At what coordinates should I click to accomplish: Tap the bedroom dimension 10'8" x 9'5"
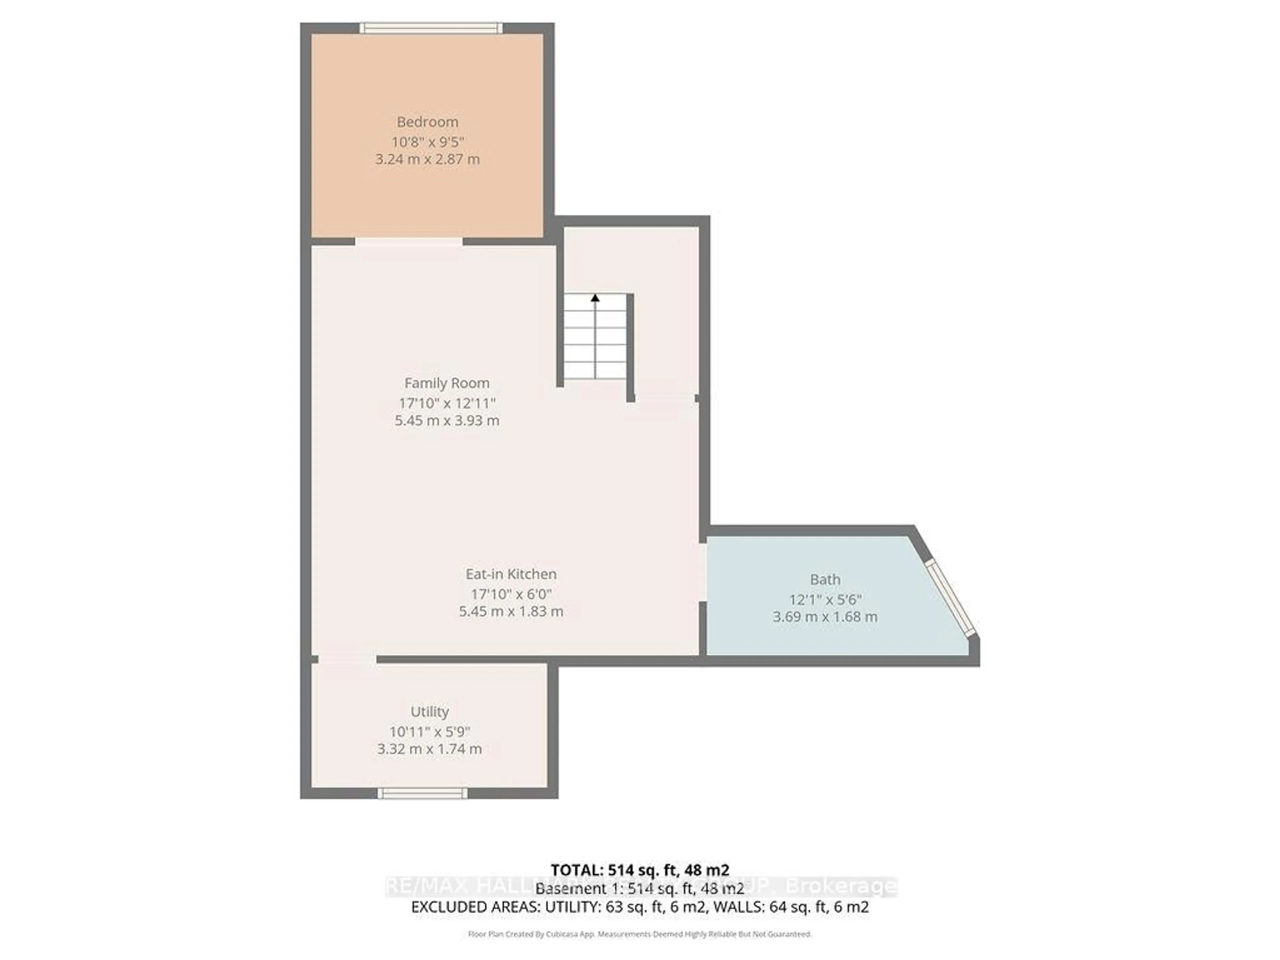[x=428, y=142]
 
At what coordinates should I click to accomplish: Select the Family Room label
[x=447, y=383]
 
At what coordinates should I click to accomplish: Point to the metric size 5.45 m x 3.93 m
[x=447, y=421]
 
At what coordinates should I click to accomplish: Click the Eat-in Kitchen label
[x=511, y=574]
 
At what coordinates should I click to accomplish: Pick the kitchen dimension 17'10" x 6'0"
[x=511, y=594]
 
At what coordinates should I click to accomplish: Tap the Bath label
[x=825, y=579]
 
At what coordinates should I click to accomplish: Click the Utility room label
[x=429, y=711]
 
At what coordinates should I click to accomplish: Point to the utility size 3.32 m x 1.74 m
[x=429, y=749]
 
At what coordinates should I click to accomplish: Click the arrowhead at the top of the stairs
[x=595, y=298]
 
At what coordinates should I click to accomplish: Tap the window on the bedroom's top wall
[x=431, y=28]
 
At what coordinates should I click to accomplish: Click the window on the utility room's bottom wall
[x=422, y=793]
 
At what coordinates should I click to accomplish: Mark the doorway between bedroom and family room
[x=409, y=241]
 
